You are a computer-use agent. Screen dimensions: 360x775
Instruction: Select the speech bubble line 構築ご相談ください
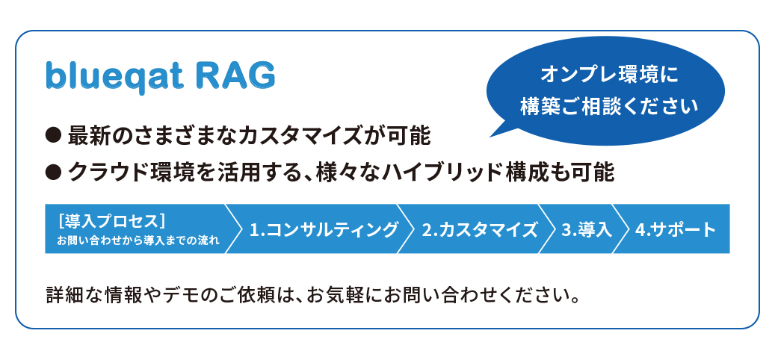pos(609,105)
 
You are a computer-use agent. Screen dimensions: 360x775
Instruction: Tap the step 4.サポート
pos(675,229)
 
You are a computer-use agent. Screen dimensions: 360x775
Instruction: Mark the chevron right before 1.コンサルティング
pos(235,229)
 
